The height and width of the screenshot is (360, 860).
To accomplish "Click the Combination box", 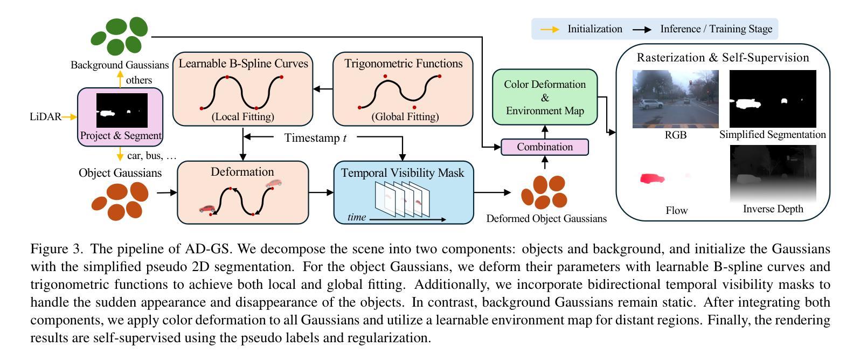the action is (x=544, y=147).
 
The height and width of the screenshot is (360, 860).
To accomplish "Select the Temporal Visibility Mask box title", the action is (x=403, y=173).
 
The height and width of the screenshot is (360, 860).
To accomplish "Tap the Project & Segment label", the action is (x=121, y=135).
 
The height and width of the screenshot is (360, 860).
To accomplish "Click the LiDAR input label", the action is (x=45, y=116).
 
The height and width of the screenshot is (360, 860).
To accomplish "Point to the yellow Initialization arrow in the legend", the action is (x=550, y=29).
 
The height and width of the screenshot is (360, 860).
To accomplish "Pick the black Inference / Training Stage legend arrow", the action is (x=642, y=30).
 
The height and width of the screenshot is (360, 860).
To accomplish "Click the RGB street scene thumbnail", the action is (x=675, y=99).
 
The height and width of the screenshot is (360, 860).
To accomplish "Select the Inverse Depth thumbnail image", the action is (x=773, y=174).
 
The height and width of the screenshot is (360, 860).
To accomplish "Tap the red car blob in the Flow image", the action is (x=652, y=179).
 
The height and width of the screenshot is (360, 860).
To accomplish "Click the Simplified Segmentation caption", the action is (x=773, y=135).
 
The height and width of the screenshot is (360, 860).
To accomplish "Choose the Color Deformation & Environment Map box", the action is (x=545, y=97).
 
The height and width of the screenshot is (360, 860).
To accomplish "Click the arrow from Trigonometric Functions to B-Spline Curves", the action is (x=323, y=89).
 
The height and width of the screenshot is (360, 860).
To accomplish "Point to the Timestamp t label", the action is (x=315, y=138).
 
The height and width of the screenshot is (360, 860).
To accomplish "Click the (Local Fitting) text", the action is (x=243, y=116).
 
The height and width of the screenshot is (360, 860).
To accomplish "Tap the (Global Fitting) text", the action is (x=405, y=116).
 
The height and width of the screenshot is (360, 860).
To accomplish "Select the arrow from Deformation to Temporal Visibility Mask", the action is (x=321, y=192).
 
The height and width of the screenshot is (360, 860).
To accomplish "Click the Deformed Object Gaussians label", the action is (x=546, y=218).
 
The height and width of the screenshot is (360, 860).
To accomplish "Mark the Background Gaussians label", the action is (x=120, y=65).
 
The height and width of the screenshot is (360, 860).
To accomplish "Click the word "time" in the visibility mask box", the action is (x=357, y=217).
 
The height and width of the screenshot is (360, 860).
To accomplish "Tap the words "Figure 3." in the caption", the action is (x=57, y=249).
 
